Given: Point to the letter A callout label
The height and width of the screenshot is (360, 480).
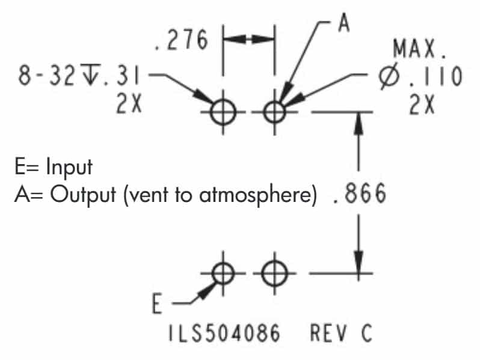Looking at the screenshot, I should [343, 22].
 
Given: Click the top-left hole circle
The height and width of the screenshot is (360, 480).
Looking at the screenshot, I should [224, 111].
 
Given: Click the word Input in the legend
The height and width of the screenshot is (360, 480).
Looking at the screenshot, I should [69, 167].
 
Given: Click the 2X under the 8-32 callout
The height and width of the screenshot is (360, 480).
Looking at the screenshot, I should [128, 106].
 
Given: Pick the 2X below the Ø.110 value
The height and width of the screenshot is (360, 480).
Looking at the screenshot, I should [423, 106].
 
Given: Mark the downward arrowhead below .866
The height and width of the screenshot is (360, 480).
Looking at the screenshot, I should [358, 264].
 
